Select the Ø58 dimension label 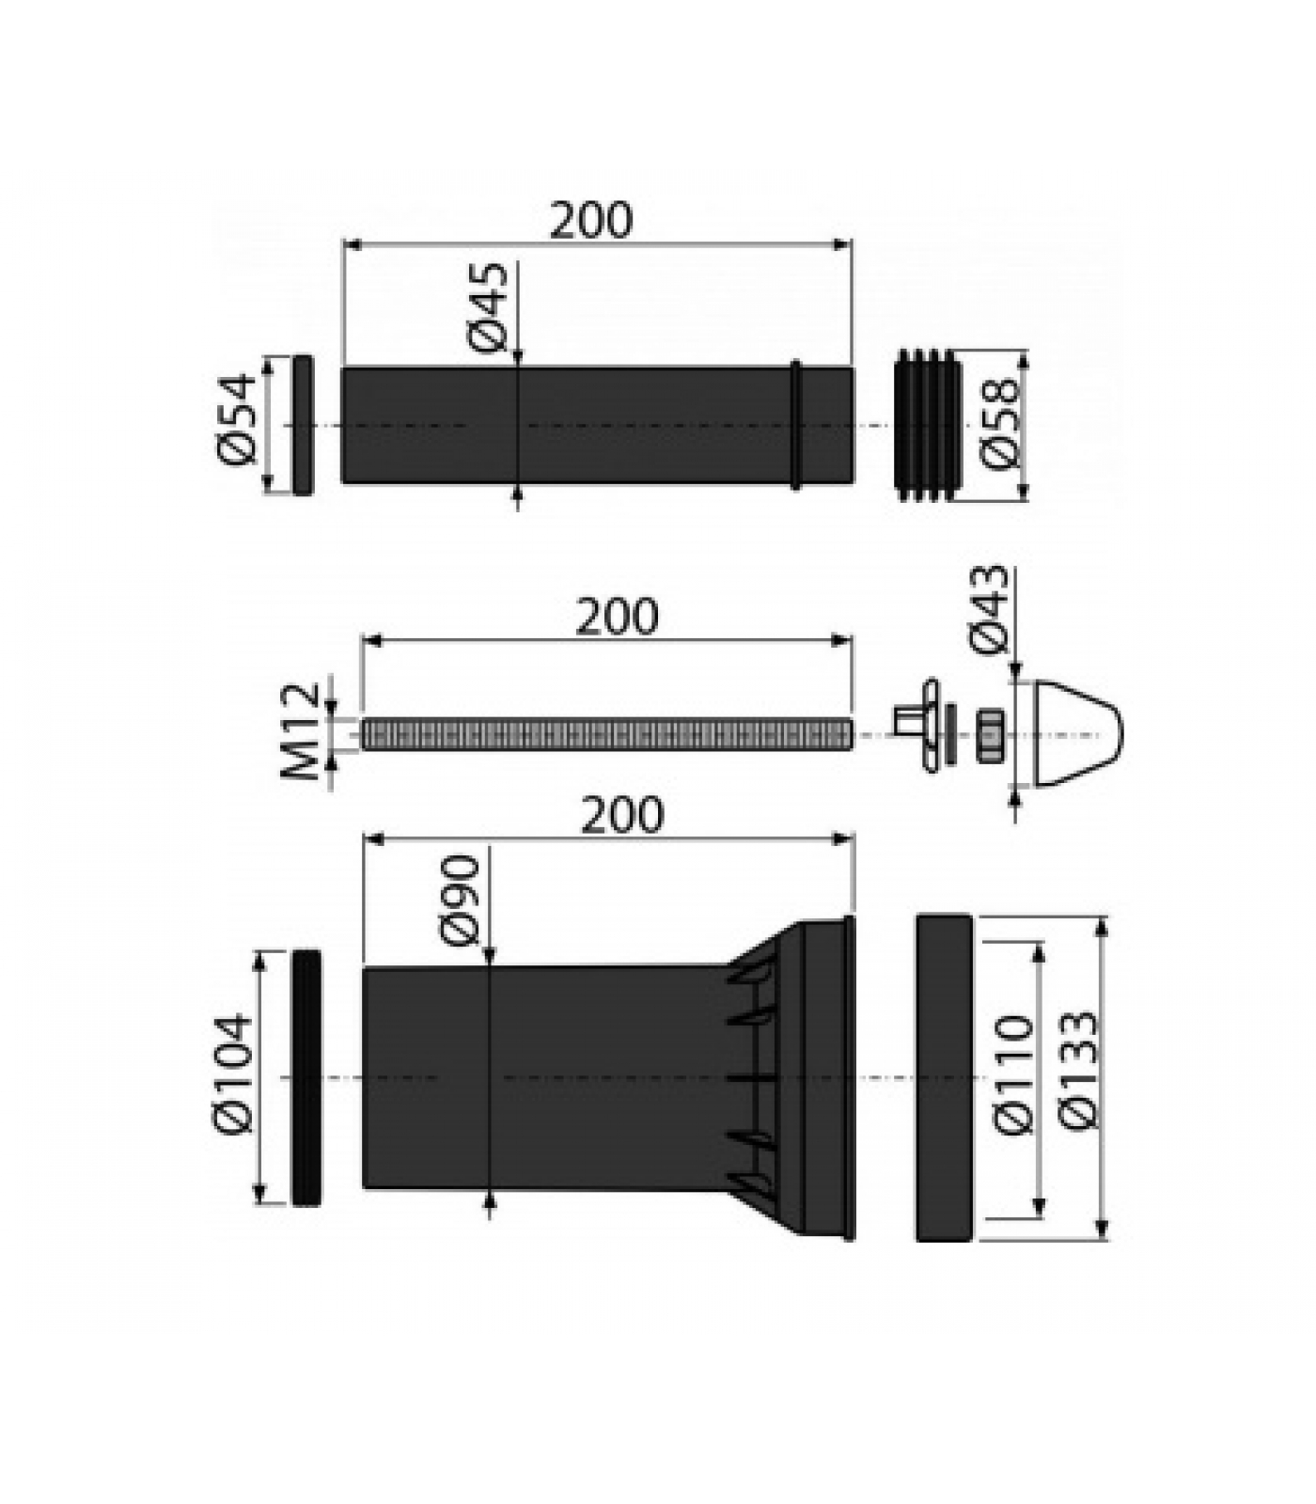[997, 424]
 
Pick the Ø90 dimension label [460, 901]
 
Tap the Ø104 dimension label [234, 1073]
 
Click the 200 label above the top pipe [592, 221]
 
